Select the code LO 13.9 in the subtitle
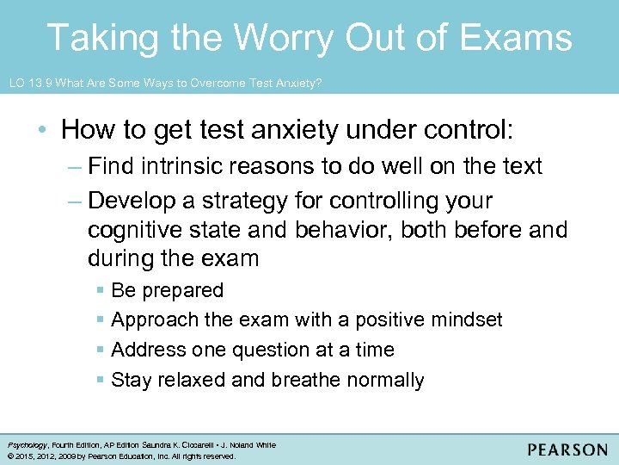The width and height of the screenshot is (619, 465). [31, 83]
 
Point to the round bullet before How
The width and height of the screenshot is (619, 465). [42, 131]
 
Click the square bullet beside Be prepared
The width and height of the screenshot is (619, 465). [101, 291]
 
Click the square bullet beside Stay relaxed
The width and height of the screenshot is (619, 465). [101, 381]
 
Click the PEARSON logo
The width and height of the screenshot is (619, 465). [567, 449]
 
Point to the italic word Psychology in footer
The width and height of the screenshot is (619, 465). [24, 445]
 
